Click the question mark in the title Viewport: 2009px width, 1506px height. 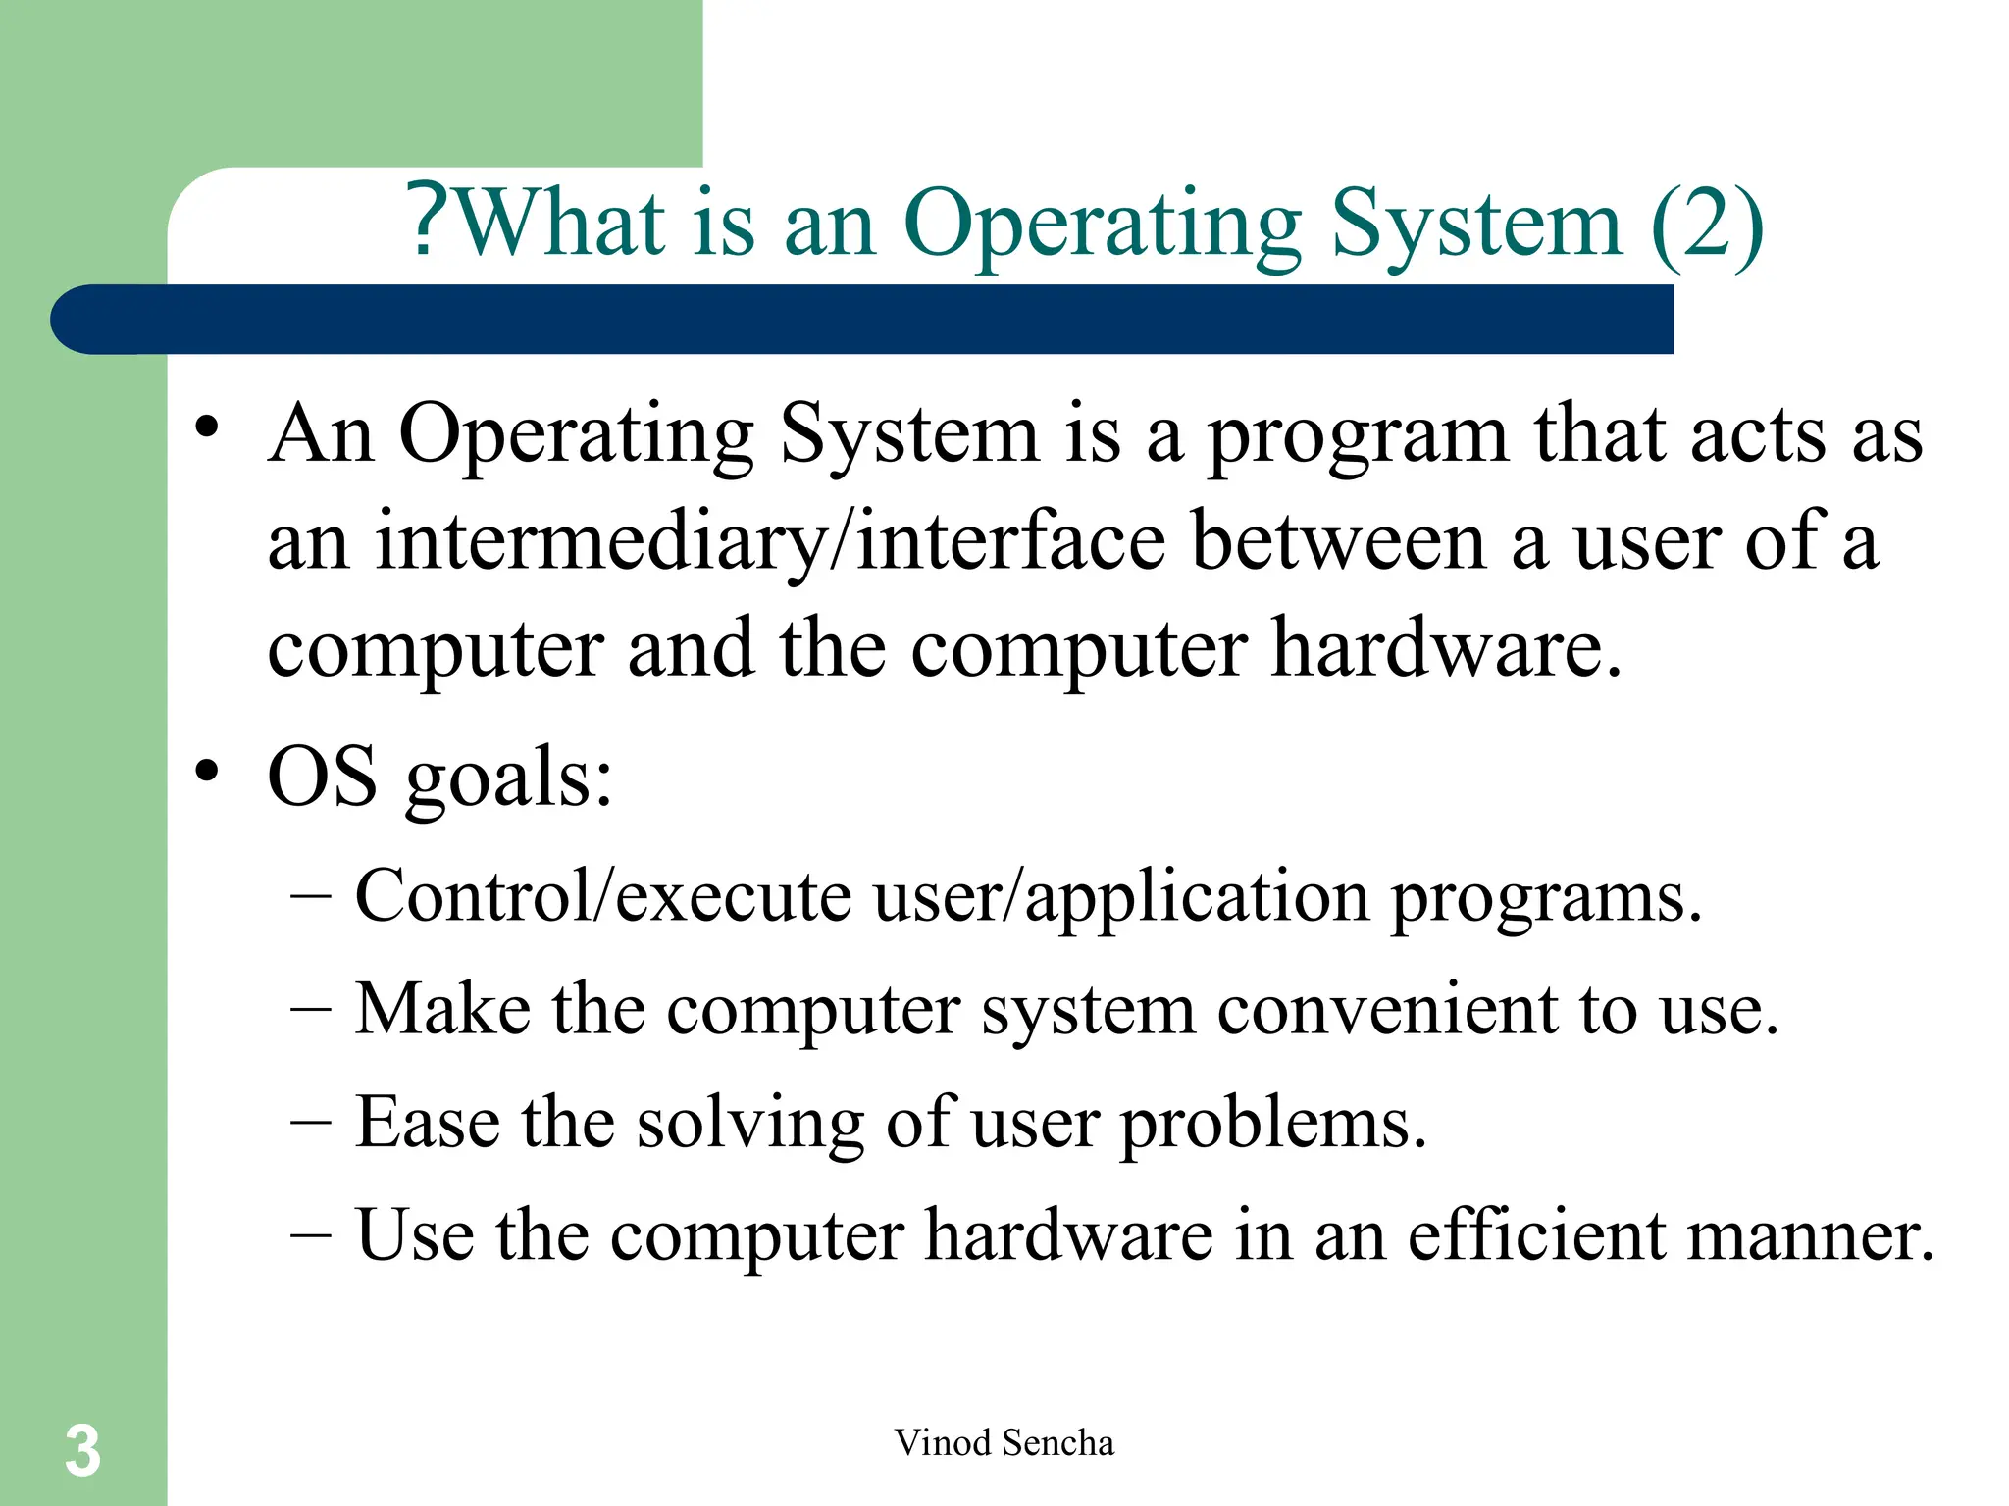(430, 222)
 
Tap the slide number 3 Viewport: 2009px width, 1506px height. (82, 1450)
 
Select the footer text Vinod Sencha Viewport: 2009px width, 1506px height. (1004, 1442)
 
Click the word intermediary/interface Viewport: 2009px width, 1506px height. (770, 542)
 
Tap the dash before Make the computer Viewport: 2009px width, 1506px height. (311, 1011)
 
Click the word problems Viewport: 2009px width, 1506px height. (1272, 1124)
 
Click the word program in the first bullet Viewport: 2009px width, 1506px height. (1357, 437)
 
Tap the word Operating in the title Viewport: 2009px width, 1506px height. (1102, 225)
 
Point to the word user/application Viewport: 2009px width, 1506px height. (1120, 897)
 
